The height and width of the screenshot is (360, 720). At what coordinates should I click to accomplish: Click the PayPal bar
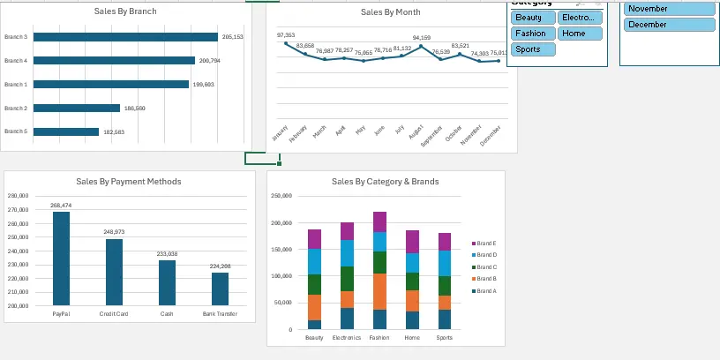[61, 258]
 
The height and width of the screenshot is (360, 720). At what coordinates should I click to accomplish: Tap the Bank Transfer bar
[220, 289]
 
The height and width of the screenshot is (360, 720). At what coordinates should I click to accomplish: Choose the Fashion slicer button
[533, 34]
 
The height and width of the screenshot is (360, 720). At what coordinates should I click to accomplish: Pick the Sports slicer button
[533, 49]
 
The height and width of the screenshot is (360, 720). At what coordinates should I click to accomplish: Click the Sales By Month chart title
[390, 12]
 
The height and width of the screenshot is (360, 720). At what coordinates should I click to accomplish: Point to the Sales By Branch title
[125, 12]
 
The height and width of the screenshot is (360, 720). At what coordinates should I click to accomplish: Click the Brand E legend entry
[486, 243]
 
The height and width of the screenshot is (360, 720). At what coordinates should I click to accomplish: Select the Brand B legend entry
[486, 278]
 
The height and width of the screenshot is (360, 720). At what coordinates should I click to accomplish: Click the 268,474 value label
[61, 206]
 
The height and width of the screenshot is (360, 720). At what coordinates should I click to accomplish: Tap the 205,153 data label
[233, 37]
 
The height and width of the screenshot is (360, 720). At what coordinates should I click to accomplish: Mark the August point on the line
[422, 46]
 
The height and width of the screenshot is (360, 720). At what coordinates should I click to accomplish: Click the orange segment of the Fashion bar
[379, 291]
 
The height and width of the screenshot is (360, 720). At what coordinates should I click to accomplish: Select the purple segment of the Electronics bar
[347, 231]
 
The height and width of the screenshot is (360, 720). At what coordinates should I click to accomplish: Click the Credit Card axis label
[114, 313]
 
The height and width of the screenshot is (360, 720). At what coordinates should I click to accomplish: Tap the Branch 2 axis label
[16, 108]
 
